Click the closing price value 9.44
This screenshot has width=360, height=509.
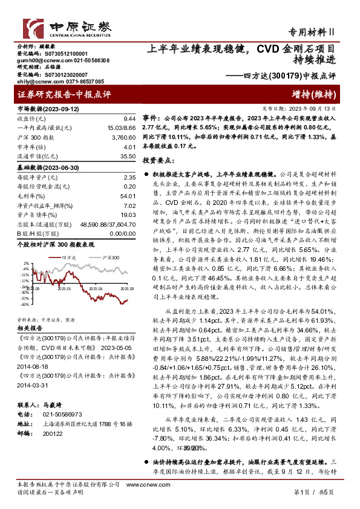point(128,118)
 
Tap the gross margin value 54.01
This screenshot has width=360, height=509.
point(126,196)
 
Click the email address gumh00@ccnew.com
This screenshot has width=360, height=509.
point(39,61)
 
